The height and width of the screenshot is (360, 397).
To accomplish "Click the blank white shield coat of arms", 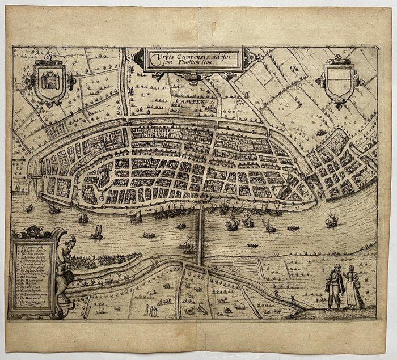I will click(x=339, y=80).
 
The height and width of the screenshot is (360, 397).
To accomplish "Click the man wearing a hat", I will click(x=336, y=286).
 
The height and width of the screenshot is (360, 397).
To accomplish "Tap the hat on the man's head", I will click(x=337, y=266).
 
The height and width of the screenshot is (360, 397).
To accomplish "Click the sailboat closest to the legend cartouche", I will click(x=96, y=232).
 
